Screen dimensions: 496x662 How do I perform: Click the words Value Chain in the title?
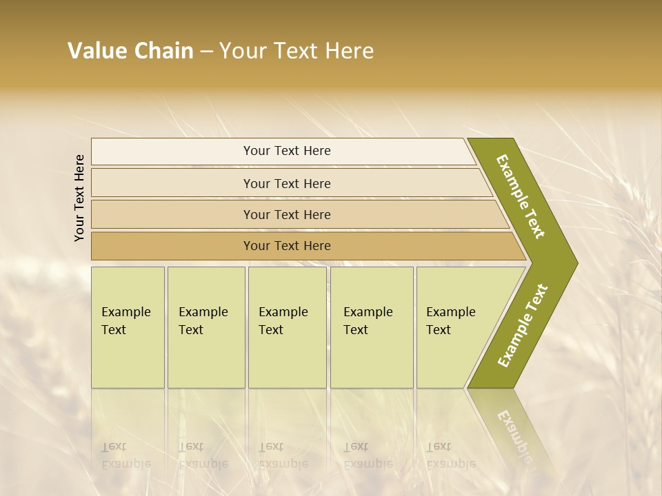(130, 51)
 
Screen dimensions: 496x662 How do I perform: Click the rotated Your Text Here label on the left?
(79, 198)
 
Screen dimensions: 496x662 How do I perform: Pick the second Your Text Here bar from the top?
(287, 183)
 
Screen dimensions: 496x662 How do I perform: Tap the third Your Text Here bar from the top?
(287, 214)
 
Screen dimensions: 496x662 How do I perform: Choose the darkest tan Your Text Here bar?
(287, 246)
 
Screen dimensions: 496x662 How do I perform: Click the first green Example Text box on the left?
(128, 327)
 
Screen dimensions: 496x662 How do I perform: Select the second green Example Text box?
(205, 327)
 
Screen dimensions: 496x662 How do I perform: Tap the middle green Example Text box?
(287, 327)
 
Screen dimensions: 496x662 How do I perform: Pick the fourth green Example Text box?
(372, 327)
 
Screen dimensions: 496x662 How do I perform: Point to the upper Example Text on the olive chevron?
(521, 196)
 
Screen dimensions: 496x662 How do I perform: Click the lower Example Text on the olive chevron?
(523, 325)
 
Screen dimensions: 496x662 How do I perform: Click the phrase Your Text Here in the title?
(297, 51)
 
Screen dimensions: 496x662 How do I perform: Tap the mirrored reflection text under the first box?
(126, 455)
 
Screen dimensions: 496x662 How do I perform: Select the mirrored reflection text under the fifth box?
(451, 455)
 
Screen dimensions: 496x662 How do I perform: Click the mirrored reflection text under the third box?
(283, 455)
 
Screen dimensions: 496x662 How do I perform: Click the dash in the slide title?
(206, 52)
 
